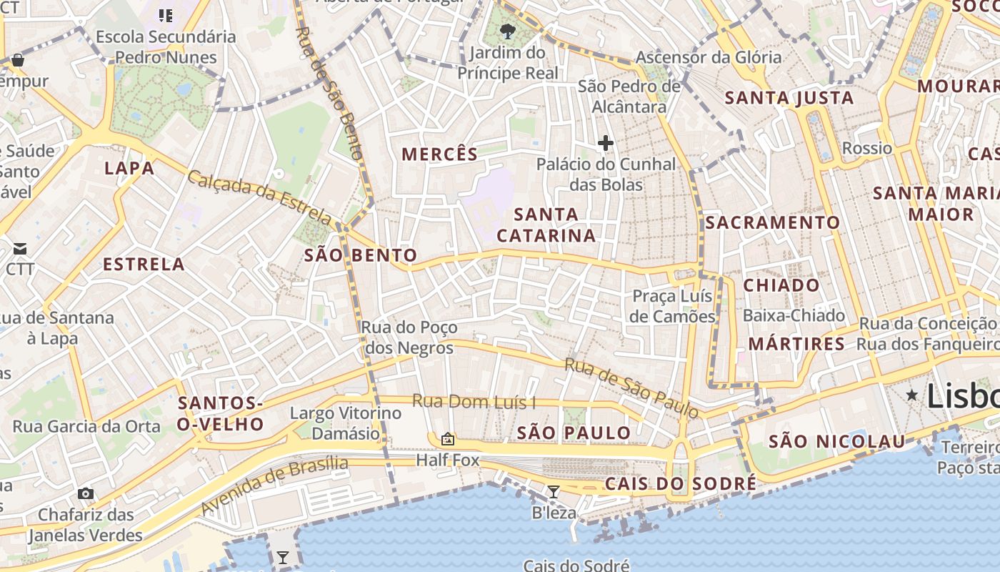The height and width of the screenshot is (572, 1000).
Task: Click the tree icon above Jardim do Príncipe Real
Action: (x=508, y=31)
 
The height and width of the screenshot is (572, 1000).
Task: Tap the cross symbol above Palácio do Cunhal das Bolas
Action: (x=606, y=143)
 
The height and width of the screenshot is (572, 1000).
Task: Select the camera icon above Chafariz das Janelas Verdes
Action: (x=86, y=493)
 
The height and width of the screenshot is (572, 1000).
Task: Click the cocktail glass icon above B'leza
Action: (x=553, y=491)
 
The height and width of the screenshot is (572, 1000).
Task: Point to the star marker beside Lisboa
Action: (x=912, y=395)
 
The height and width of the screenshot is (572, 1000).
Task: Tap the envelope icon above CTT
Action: (x=19, y=249)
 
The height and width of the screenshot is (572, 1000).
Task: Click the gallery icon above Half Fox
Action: (x=448, y=438)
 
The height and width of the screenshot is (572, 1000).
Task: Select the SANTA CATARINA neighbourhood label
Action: (x=546, y=225)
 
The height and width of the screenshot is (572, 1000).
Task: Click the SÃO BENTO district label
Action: (x=361, y=255)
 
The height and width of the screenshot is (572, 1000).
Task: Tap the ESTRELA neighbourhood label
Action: (x=144, y=265)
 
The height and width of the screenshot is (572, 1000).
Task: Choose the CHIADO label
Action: (x=782, y=285)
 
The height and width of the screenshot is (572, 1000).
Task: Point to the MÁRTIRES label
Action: (x=796, y=344)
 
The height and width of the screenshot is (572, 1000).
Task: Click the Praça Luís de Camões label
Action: (x=673, y=306)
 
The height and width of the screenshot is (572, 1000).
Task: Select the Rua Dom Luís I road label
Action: (x=474, y=402)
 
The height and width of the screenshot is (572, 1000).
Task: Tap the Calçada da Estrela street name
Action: (x=260, y=197)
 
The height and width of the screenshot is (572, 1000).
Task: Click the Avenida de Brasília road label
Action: (x=274, y=485)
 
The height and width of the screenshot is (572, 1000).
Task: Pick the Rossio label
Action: (x=867, y=148)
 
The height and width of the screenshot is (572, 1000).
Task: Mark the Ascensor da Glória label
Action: (x=709, y=57)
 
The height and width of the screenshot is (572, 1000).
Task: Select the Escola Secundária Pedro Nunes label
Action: (x=166, y=46)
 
